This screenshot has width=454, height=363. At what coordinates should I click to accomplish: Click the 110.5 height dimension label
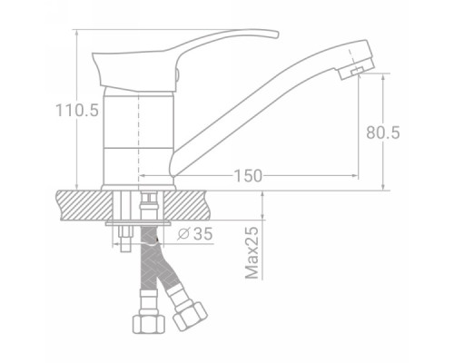(77, 110)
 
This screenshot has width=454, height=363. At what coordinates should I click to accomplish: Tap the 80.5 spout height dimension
(383, 132)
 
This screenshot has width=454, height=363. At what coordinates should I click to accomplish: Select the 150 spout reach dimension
(248, 176)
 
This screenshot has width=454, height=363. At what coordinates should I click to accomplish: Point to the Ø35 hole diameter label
(195, 233)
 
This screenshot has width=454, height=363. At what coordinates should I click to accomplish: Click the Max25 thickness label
(252, 252)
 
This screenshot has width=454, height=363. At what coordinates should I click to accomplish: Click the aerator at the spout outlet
(357, 69)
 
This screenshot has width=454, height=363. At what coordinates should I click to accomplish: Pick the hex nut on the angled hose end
(190, 316)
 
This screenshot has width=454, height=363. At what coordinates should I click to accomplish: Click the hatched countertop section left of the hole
(85, 205)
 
